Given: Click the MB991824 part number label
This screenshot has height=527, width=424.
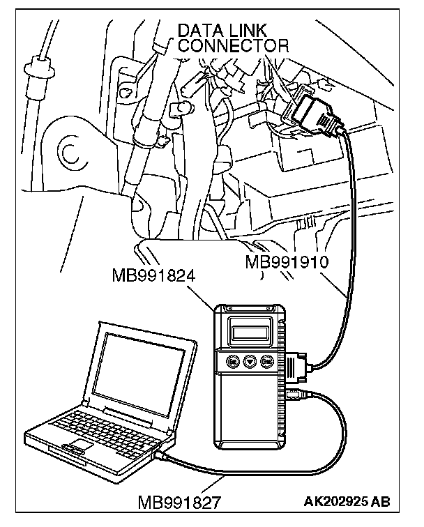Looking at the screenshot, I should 153,275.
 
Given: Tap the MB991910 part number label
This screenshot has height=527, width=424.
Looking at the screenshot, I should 288,263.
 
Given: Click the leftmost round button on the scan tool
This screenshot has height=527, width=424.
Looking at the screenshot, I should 232,361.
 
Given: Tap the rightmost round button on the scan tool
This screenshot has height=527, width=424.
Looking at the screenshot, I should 266,361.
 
